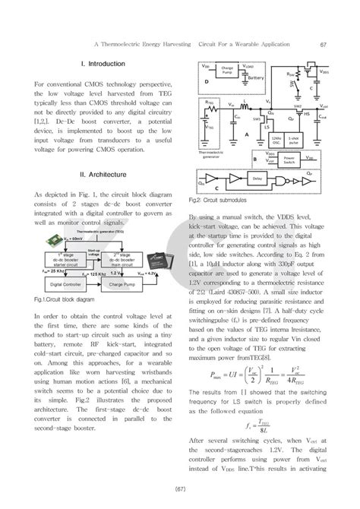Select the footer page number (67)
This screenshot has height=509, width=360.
(180, 487)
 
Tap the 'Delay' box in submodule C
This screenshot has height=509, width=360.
(257, 179)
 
